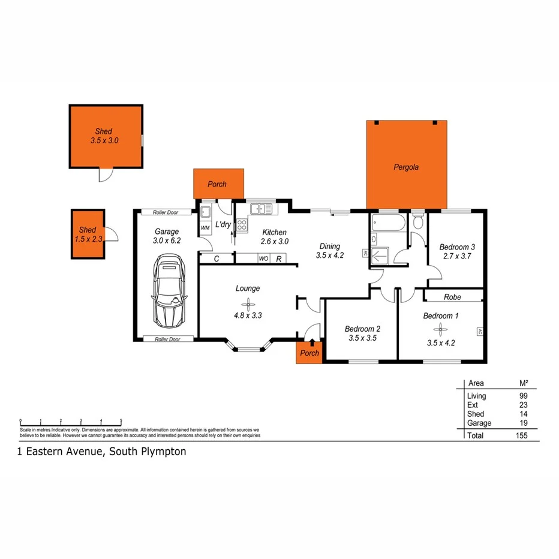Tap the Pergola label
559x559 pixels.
406,167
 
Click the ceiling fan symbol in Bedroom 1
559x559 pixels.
440,329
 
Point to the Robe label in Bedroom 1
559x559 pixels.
452,297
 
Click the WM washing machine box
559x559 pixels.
205,228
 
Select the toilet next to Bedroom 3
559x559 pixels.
418,221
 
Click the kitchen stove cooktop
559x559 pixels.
242,226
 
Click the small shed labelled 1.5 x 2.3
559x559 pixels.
88,234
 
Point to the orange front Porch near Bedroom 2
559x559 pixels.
309,353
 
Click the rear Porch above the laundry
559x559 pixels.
218,184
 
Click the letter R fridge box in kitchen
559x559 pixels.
279,259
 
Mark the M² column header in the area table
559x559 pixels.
523,383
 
